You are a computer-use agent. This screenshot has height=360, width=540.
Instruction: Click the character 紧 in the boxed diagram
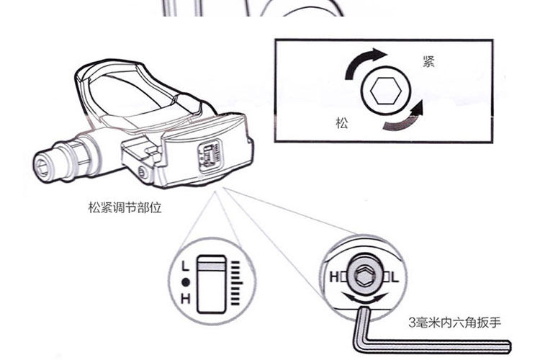pyautogui.click(x=428, y=63)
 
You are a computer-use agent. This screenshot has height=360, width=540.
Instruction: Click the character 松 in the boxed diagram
pyautogui.click(x=341, y=123)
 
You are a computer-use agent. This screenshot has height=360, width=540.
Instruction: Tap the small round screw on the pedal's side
pyautogui.click(x=143, y=173)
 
